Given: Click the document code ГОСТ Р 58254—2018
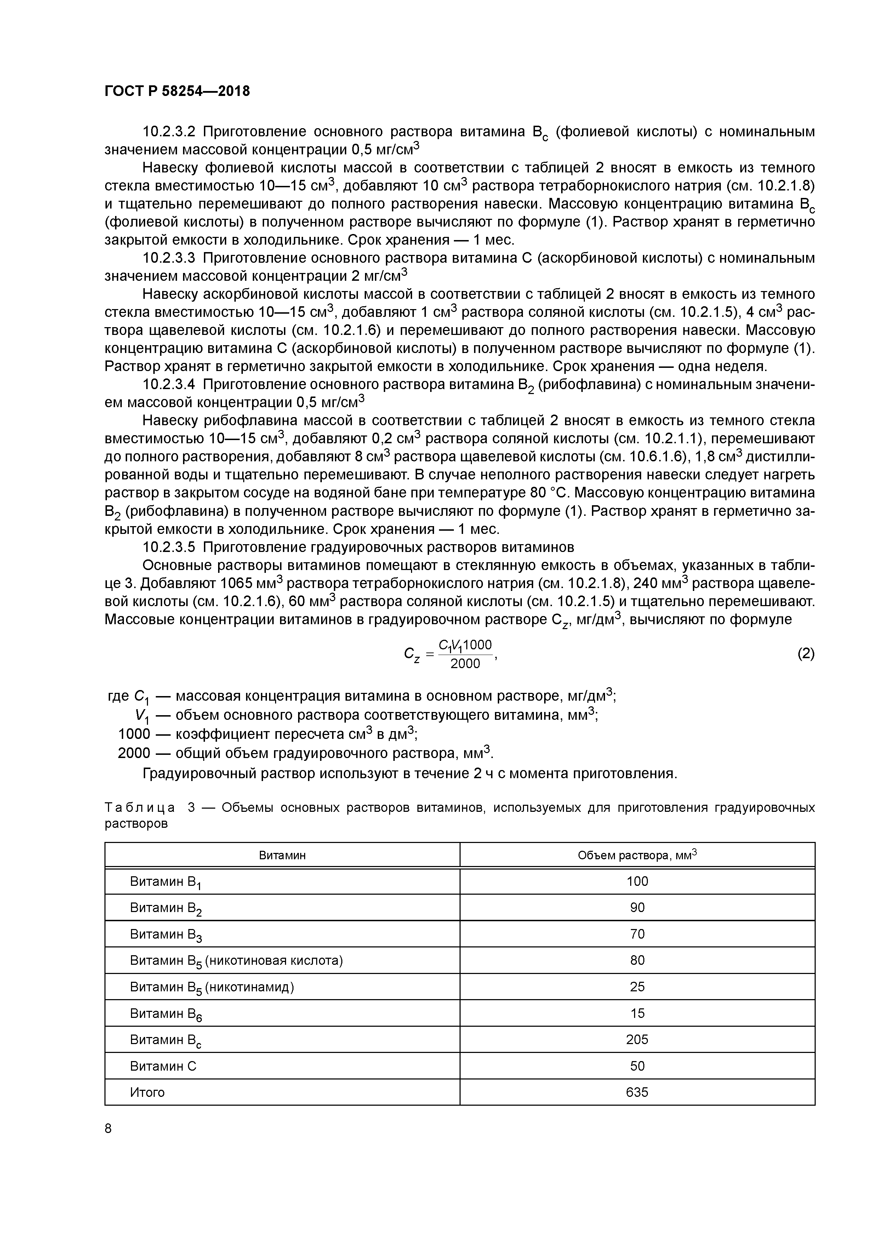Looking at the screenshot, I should [x=177, y=91].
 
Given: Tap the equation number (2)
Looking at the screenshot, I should [x=805, y=654].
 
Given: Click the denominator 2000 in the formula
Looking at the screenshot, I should [x=465, y=664].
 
